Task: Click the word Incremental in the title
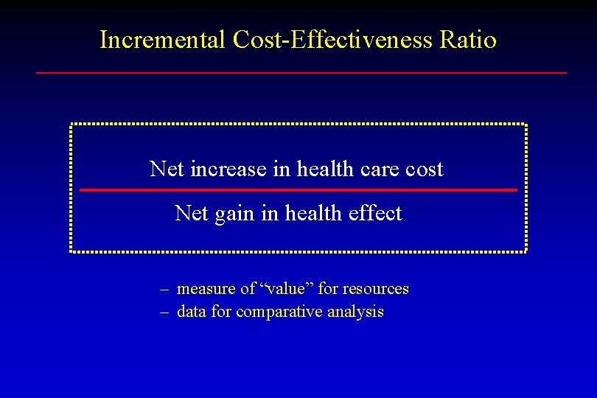click(163, 39)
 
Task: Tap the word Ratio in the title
click(468, 39)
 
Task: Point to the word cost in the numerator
click(425, 170)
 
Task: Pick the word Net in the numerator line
click(167, 169)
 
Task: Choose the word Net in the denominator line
click(192, 213)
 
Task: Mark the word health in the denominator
click(310, 213)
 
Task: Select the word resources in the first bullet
click(374, 289)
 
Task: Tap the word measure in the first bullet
click(206, 289)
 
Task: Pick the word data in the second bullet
click(192, 312)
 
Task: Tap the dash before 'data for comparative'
click(166, 313)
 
